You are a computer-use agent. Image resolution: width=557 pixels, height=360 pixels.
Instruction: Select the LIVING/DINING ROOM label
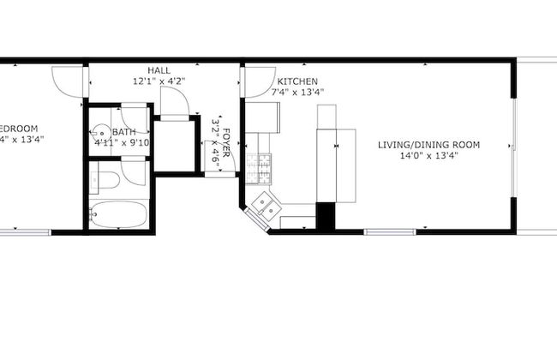click(428, 144)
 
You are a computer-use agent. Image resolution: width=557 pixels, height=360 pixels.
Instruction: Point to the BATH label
click(123, 132)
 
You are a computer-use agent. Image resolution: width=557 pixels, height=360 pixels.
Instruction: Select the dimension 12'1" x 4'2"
click(159, 81)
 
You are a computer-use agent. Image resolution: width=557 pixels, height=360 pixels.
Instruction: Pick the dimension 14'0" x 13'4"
click(428, 155)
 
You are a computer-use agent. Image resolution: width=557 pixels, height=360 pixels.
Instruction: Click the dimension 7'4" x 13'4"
click(297, 92)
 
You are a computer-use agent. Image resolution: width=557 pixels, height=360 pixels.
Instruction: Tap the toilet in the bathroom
click(106, 180)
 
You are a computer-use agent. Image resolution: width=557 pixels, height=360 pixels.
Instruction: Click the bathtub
click(119, 214)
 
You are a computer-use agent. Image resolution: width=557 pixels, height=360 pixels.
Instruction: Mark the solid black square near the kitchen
click(326, 215)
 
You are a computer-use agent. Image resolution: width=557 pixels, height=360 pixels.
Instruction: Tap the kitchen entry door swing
click(249, 81)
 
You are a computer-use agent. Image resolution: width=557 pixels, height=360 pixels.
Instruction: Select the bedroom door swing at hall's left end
click(68, 80)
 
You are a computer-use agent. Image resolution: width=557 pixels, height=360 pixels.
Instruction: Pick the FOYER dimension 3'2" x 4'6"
click(216, 141)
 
